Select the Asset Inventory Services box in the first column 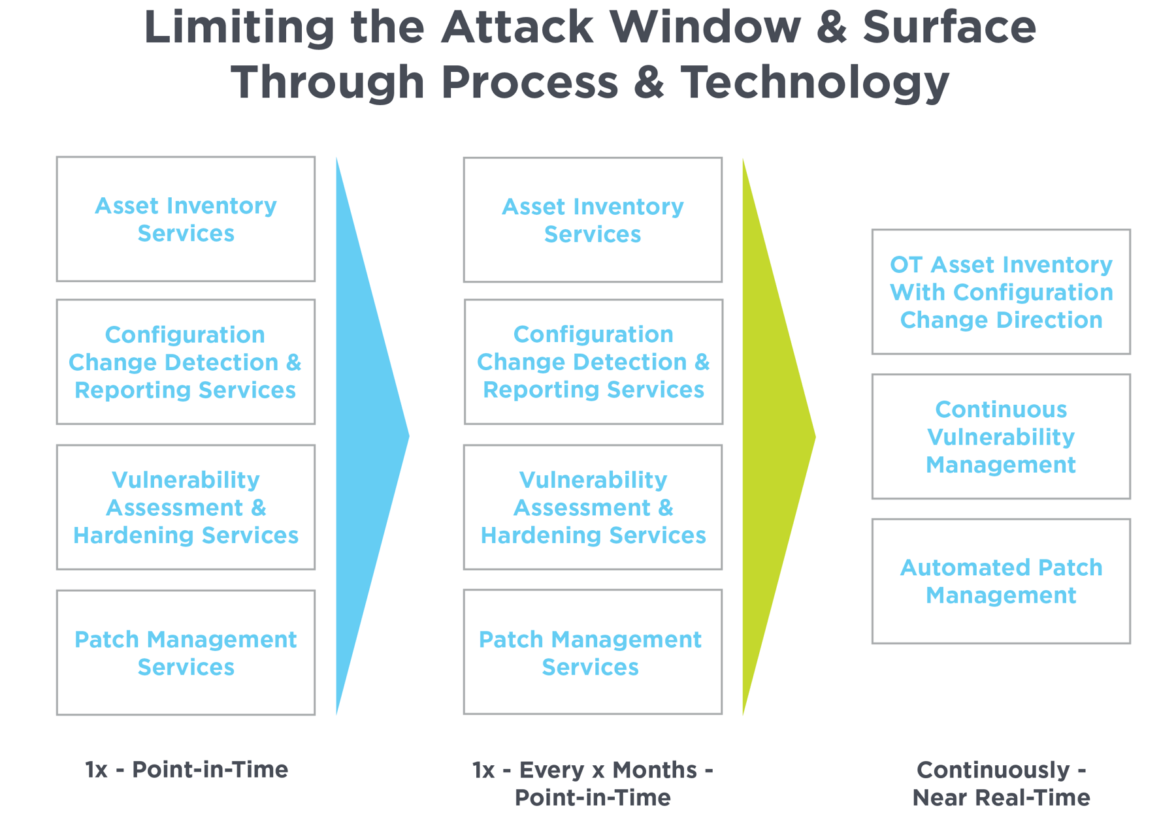tap(186, 219)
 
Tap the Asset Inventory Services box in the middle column tap(593, 220)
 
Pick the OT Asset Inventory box tap(1001, 292)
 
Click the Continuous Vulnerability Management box tap(1001, 437)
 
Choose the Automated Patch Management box tap(1001, 581)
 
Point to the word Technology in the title tap(815, 83)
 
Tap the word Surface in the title tap(949, 27)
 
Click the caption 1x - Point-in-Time tap(186, 770)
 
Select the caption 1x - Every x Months tap(593, 770)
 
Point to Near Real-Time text tap(1001, 798)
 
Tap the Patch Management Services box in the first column tap(186, 653)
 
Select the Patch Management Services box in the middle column tap(593, 652)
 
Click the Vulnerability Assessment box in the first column tap(186, 507)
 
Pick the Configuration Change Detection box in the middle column tap(593, 362)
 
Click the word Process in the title tap(529, 83)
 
